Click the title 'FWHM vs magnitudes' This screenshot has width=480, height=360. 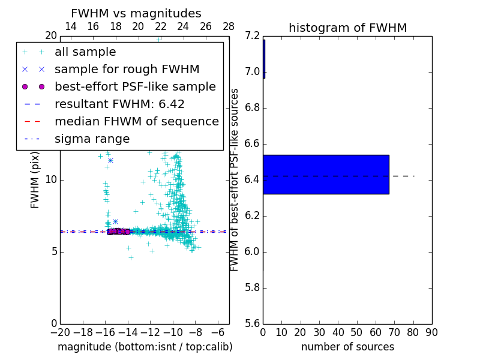coord(136,13)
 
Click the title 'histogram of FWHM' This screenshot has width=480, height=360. coord(347,28)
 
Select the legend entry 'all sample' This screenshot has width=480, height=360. coord(85,52)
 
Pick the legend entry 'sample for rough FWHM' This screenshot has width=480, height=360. coord(127,69)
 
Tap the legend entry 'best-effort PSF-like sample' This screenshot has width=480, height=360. coord(135,86)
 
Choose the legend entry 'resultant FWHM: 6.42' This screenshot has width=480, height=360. coord(119,104)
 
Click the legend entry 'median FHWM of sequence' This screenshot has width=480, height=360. coord(136,121)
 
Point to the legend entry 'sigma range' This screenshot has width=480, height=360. coord(92,139)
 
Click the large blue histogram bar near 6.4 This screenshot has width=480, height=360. coord(326,174)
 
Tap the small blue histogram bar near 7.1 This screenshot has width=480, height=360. coord(264,59)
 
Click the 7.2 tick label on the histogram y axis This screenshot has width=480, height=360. coord(253,36)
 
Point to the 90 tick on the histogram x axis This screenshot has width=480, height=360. coord(431,332)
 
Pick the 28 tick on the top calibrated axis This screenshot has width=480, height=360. coord(229,26)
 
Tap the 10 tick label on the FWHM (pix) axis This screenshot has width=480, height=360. coord(50,179)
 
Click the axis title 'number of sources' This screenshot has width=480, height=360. coord(347,347)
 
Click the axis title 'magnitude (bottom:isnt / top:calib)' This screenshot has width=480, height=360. coord(145,347)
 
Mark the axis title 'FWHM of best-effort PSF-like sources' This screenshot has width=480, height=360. coord(235,179)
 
